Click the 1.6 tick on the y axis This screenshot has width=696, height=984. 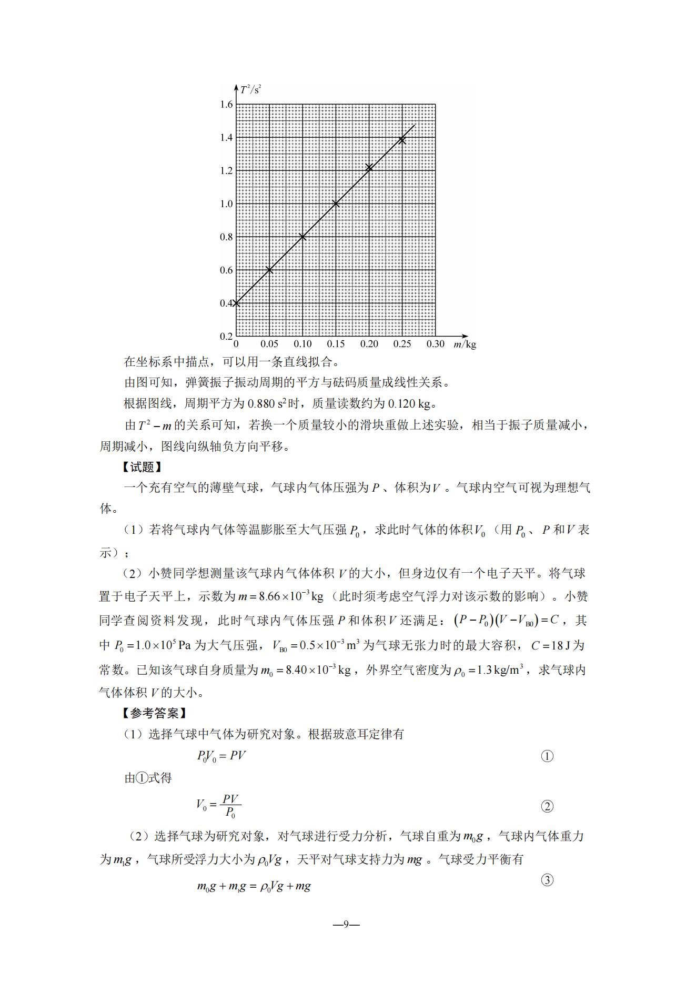[226, 105]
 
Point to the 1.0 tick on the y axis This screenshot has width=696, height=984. [226, 204]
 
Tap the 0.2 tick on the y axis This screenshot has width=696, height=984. [226, 337]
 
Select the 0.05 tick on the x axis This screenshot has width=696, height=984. [269, 344]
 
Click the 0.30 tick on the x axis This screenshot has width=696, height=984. [435, 344]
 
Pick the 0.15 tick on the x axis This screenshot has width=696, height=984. [336, 344]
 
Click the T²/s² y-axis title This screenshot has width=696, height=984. [251, 89]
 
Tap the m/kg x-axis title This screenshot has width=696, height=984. [465, 344]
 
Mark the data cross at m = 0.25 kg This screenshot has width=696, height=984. [402, 140]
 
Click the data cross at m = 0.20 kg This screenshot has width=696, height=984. [369, 168]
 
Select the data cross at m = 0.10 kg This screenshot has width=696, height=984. [302, 237]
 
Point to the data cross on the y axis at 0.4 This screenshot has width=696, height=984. [236, 303]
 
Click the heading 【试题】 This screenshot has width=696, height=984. [142, 467]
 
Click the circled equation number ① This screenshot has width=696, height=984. [547, 756]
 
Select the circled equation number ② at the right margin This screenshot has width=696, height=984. [547, 806]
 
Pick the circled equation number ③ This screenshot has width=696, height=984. [547, 880]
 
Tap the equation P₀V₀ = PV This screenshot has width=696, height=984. [221, 756]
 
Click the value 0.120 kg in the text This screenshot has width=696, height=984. [409, 404]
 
